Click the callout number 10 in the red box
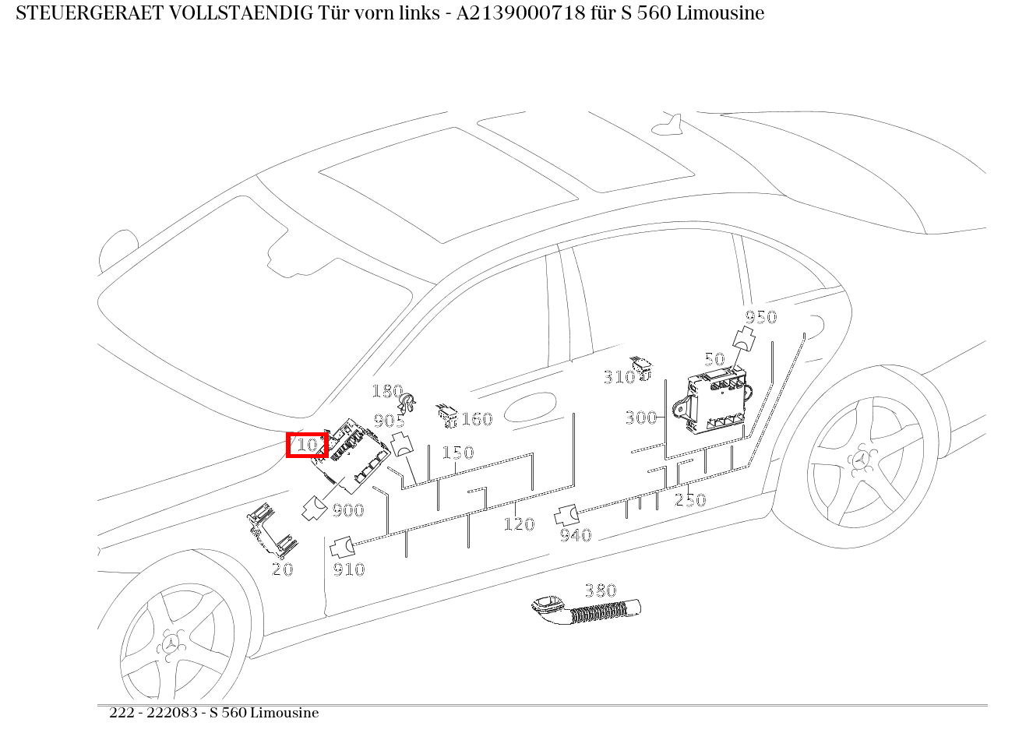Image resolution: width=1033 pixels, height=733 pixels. click(307, 445)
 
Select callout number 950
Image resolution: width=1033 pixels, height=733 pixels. click(760, 317)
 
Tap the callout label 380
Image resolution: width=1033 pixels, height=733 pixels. click(600, 590)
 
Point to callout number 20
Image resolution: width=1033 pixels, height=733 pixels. click(282, 569)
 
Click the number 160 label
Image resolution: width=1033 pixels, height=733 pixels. click(476, 420)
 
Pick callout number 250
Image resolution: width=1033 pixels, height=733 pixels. click(689, 500)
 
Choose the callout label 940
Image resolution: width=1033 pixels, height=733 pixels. click(576, 535)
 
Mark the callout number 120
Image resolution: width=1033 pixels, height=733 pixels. click(518, 524)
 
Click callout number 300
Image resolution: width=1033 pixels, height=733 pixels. click(640, 418)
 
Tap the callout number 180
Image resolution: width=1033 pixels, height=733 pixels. click(386, 391)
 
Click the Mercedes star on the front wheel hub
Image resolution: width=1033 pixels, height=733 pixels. click(170, 643)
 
